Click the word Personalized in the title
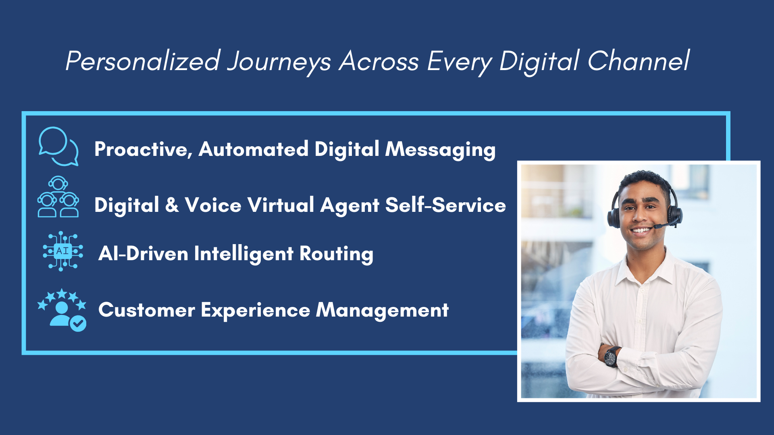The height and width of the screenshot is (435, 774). (x=143, y=61)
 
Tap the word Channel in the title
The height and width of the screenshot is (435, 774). (x=639, y=61)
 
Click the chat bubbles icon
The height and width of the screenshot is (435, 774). (x=58, y=146)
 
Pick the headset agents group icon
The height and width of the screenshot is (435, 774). (x=58, y=197)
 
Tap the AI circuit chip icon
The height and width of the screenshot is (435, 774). (x=63, y=251)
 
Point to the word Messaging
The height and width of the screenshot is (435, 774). (x=440, y=149)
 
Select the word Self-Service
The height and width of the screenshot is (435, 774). (x=445, y=205)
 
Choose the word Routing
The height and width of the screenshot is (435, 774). (x=336, y=254)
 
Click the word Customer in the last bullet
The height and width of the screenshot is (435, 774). (x=147, y=310)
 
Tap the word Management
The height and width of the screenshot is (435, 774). (x=382, y=310)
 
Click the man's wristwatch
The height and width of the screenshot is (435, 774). (x=611, y=356)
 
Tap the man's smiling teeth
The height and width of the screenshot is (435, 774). (x=641, y=230)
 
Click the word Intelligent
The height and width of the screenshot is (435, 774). (x=243, y=254)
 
